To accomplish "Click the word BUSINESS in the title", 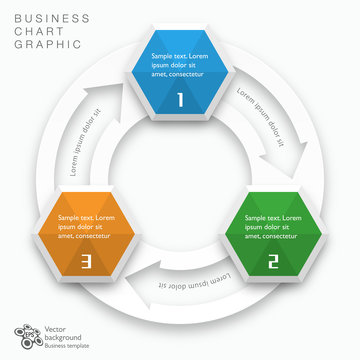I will click(51, 18).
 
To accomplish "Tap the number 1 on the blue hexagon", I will click(180, 100).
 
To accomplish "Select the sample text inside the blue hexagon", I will click(180, 65).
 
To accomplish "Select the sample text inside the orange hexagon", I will click(86, 227).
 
